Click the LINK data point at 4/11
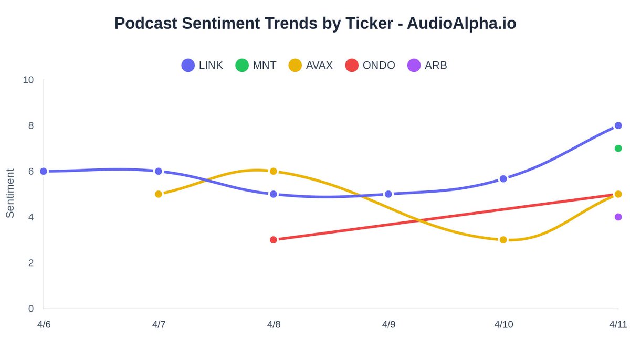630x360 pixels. (x=618, y=125)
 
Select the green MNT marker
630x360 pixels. (x=618, y=149)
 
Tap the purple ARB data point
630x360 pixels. (x=618, y=217)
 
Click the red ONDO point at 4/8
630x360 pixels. (x=274, y=240)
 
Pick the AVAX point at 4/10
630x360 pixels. (x=503, y=240)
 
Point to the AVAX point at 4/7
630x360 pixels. (x=159, y=194)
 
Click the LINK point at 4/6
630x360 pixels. (x=44, y=171)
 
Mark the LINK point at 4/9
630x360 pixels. (x=388, y=194)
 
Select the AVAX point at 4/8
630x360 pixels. (x=274, y=171)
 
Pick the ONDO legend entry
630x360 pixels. (x=370, y=66)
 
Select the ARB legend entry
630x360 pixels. (x=427, y=66)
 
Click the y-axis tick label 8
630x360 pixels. (x=30, y=125)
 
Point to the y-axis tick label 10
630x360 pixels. (x=28, y=80)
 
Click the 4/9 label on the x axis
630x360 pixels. (x=388, y=325)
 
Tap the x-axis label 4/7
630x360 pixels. (x=159, y=325)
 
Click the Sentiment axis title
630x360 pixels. (x=10, y=193)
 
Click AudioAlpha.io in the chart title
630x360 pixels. (x=463, y=23)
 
